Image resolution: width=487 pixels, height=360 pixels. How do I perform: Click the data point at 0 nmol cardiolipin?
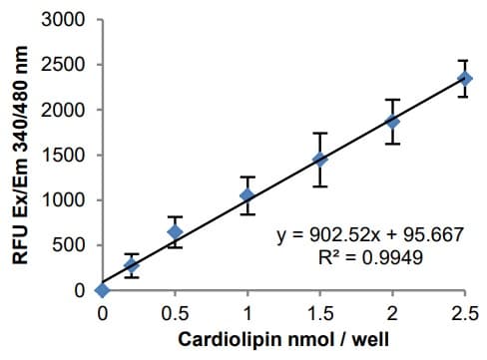point(102,290)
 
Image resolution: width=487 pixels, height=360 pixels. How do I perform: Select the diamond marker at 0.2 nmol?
point(131,266)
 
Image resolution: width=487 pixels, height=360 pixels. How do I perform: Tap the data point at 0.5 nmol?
point(175,231)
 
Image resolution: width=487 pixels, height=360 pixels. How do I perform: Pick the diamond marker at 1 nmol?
point(247,195)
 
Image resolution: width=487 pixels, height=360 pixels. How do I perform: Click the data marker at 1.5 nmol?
point(319,160)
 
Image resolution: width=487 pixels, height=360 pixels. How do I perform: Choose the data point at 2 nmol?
point(392,122)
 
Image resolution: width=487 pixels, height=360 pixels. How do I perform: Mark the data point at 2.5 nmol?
point(464,78)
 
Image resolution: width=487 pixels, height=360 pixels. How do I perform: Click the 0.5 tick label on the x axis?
point(175,312)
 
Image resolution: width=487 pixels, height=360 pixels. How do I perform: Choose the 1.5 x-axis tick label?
point(319,312)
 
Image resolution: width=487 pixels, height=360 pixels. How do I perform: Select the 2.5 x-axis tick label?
point(464,312)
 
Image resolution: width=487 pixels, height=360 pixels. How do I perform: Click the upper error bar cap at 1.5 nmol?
point(319,134)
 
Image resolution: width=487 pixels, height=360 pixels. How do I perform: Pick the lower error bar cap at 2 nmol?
point(392,144)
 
